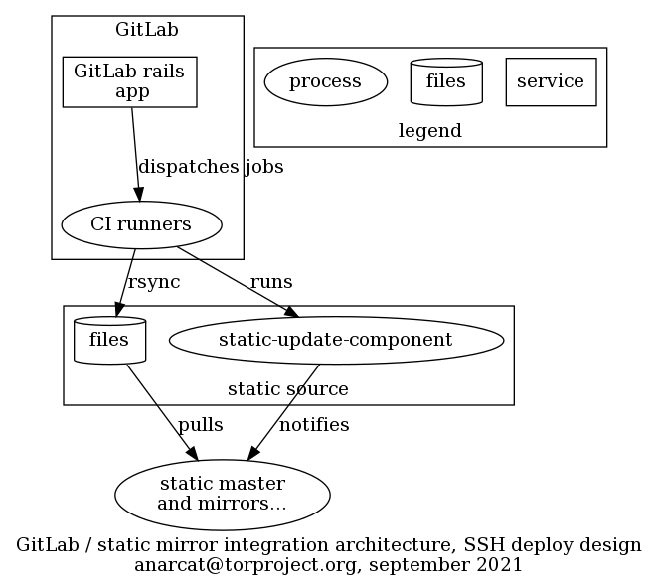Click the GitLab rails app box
pyautogui.click(x=129, y=81)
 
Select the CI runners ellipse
pyautogui.click(x=140, y=224)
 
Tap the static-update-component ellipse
pyautogui.click(x=335, y=340)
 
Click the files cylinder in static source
pyautogui.click(x=109, y=340)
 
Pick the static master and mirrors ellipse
pyautogui.click(x=222, y=494)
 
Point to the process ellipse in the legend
pyautogui.click(x=325, y=81)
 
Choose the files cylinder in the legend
pyautogui.click(x=445, y=81)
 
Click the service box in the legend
pyautogui.click(x=551, y=81)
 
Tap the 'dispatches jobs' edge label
pyautogui.click(x=211, y=167)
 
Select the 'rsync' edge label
pyautogui.click(x=154, y=282)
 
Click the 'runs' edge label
pyautogui.click(x=271, y=282)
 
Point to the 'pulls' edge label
pyautogui.click(x=200, y=425)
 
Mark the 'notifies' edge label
pyautogui.click(x=314, y=425)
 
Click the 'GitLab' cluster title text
pyautogui.click(x=147, y=29)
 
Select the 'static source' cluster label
pyautogui.click(x=288, y=389)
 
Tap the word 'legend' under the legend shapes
pyautogui.click(x=429, y=131)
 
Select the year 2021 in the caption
pyautogui.click(x=500, y=565)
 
